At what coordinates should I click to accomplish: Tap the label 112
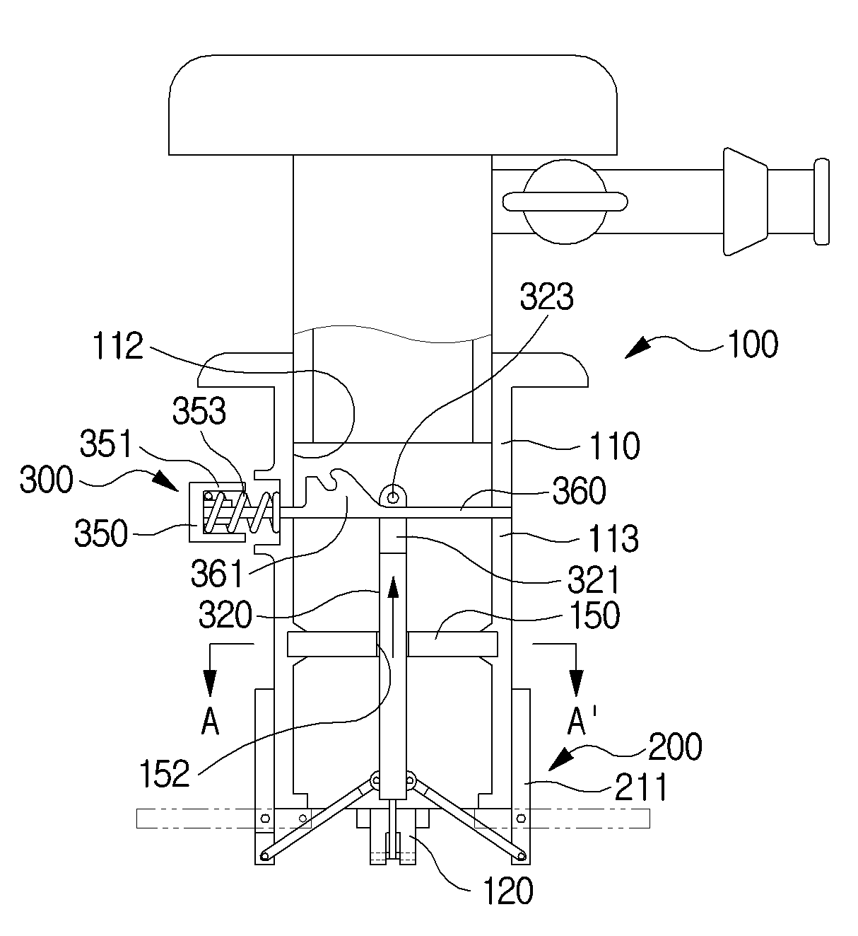(118, 346)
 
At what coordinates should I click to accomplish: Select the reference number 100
(753, 345)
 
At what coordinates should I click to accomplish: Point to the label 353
(199, 410)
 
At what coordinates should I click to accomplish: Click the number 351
(106, 444)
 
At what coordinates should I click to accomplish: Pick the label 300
(47, 479)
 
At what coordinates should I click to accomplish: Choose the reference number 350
(101, 533)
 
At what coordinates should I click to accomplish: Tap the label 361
(217, 574)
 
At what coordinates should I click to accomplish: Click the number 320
(225, 615)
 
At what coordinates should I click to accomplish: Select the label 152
(165, 773)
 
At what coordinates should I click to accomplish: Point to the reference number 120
(508, 891)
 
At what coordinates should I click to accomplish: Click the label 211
(642, 787)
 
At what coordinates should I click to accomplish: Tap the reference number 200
(675, 746)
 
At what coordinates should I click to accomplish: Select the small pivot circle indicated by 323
(393, 497)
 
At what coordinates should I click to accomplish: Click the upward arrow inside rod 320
(394, 617)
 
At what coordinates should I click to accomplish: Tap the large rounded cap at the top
(393, 105)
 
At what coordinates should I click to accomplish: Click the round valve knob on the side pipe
(565, 202)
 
